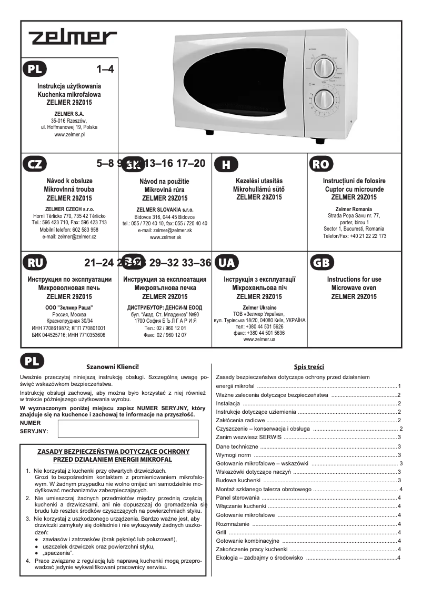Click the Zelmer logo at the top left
pos(73,38)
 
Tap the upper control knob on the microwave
pos(324,68)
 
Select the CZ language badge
pos(34,164)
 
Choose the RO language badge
pos(320,164)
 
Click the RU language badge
pos(34,263)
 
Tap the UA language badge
pos(226,263)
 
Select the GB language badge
pos(320,263)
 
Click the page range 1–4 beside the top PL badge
pos(105,69)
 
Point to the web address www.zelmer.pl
pos(69,135)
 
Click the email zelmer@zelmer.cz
pos(69,237)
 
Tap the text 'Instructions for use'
pos(354,280)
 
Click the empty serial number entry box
pos(128,429)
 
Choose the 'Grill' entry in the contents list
pos(222,532)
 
